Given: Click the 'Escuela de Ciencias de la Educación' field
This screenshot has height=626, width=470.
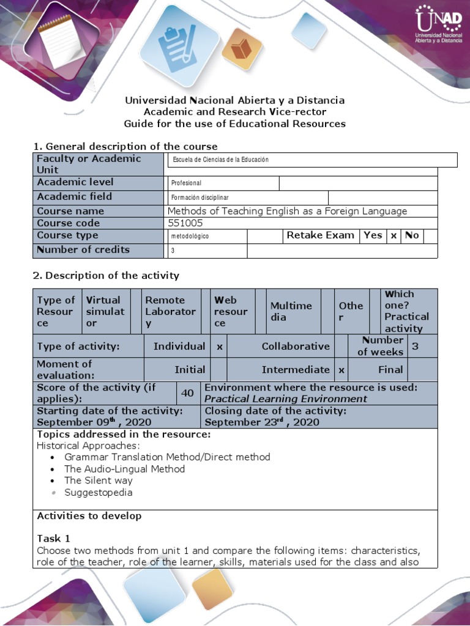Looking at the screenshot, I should pyautogui.click(x=221, y=160).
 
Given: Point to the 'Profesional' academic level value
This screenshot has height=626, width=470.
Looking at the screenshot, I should pyautogui.click(x=187, y=183).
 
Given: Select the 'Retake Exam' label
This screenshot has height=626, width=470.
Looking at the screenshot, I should pyautogui.click(x=320, y=235).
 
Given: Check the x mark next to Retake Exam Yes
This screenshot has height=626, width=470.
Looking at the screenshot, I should pyautogui.click(x=394, y=235).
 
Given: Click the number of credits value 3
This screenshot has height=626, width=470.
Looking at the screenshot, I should pyautogui.click(x=173, y=251).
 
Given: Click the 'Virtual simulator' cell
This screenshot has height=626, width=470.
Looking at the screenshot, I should pyautogui.click(x=105, y=311).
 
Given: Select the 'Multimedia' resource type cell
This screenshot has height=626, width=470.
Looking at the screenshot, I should pyautogui.click(x=291, y=311).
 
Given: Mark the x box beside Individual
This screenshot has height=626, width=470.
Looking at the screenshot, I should pyautogui.click(x=218, y=346).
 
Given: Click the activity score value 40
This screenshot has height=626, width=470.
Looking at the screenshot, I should pyautogui.click(x=187, y=393).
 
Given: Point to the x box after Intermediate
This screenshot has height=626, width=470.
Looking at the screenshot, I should pyautogui.click(x=341, y=370).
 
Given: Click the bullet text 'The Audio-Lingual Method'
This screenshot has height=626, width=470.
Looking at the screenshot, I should pyautogui.click(x=124, y=469).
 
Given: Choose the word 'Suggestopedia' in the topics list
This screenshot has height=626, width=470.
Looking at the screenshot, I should pyautogui.click(x=98, y=492).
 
